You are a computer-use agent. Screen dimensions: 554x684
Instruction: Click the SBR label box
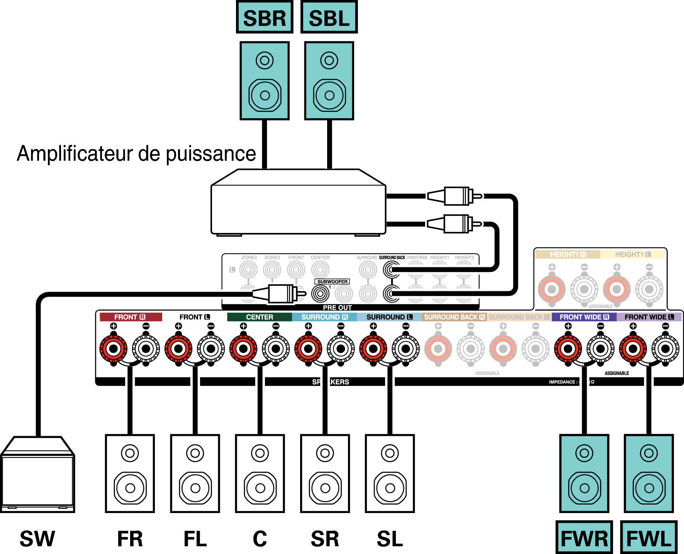click(265, 18)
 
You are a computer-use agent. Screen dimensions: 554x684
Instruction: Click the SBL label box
click(329, 18)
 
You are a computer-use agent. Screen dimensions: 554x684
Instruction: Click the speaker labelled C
click(260, 473)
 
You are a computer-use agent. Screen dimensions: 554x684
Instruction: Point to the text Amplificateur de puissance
click(136, 153)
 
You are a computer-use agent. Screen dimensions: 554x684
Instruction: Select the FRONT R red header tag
click(131, 317)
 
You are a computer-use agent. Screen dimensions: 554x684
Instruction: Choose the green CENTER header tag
click(259, 317)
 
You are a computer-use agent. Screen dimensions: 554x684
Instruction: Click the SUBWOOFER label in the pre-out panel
click(332, 282)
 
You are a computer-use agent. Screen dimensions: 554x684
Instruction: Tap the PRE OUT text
click(337, 308)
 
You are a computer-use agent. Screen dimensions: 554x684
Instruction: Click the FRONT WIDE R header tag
click(584, 317)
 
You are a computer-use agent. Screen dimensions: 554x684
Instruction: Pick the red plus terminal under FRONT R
click(114, 349)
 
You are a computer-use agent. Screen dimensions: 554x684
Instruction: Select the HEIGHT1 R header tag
click(567, 254)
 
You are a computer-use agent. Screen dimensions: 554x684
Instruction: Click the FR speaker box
click(130, 473)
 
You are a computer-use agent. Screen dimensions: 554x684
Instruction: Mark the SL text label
click(390, 539)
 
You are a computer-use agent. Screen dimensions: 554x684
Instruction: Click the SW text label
click(37, 539)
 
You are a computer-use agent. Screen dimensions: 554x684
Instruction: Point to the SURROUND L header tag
click(389, 317)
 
